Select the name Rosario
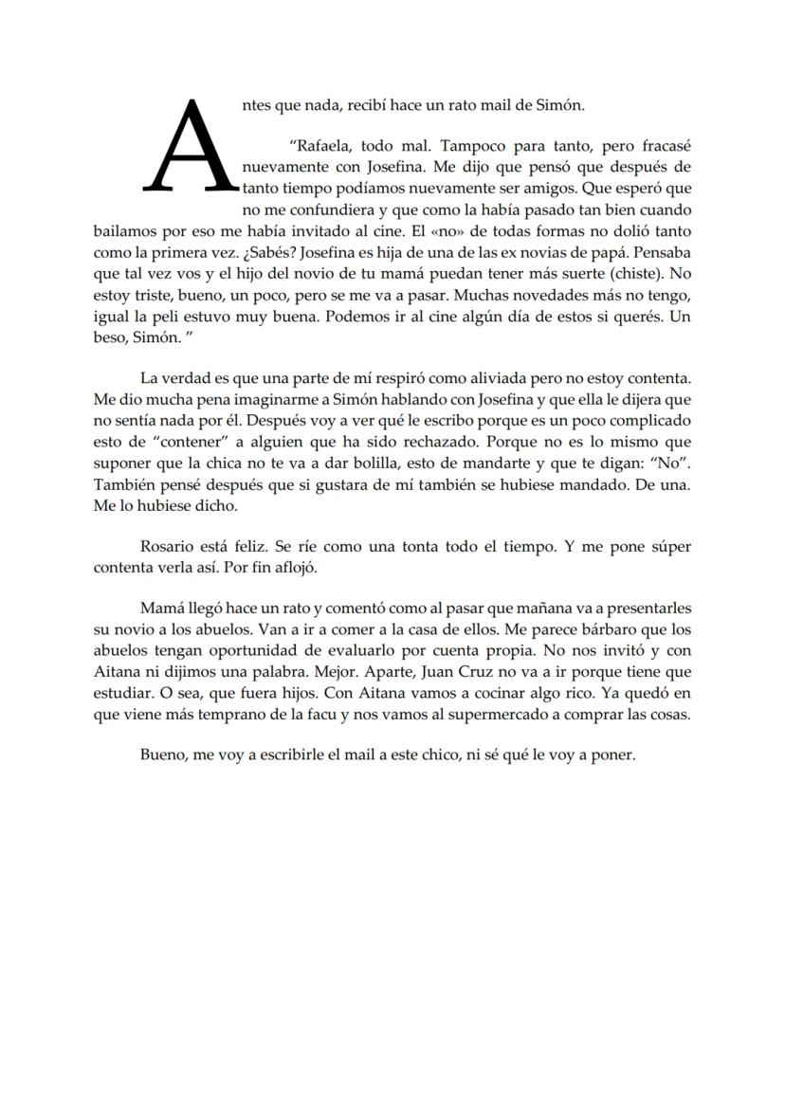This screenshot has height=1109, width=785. pos(167,548)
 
